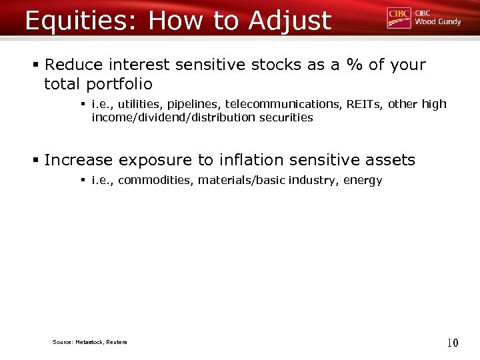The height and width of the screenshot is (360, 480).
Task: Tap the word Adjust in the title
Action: pos(290,21)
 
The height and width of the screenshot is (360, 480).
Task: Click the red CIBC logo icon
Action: pos(399,18)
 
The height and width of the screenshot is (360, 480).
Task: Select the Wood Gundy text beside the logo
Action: pos(437,22)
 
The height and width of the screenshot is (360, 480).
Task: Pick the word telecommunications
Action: pos(283,104)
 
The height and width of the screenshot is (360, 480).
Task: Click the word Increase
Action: pos(79,160)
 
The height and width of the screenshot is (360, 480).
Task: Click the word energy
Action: pos(363,181)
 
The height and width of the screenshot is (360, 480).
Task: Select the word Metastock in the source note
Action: pos(88,342)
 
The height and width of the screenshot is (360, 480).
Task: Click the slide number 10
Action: pos(452,343)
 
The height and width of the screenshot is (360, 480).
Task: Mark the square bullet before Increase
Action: pos(36,160)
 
